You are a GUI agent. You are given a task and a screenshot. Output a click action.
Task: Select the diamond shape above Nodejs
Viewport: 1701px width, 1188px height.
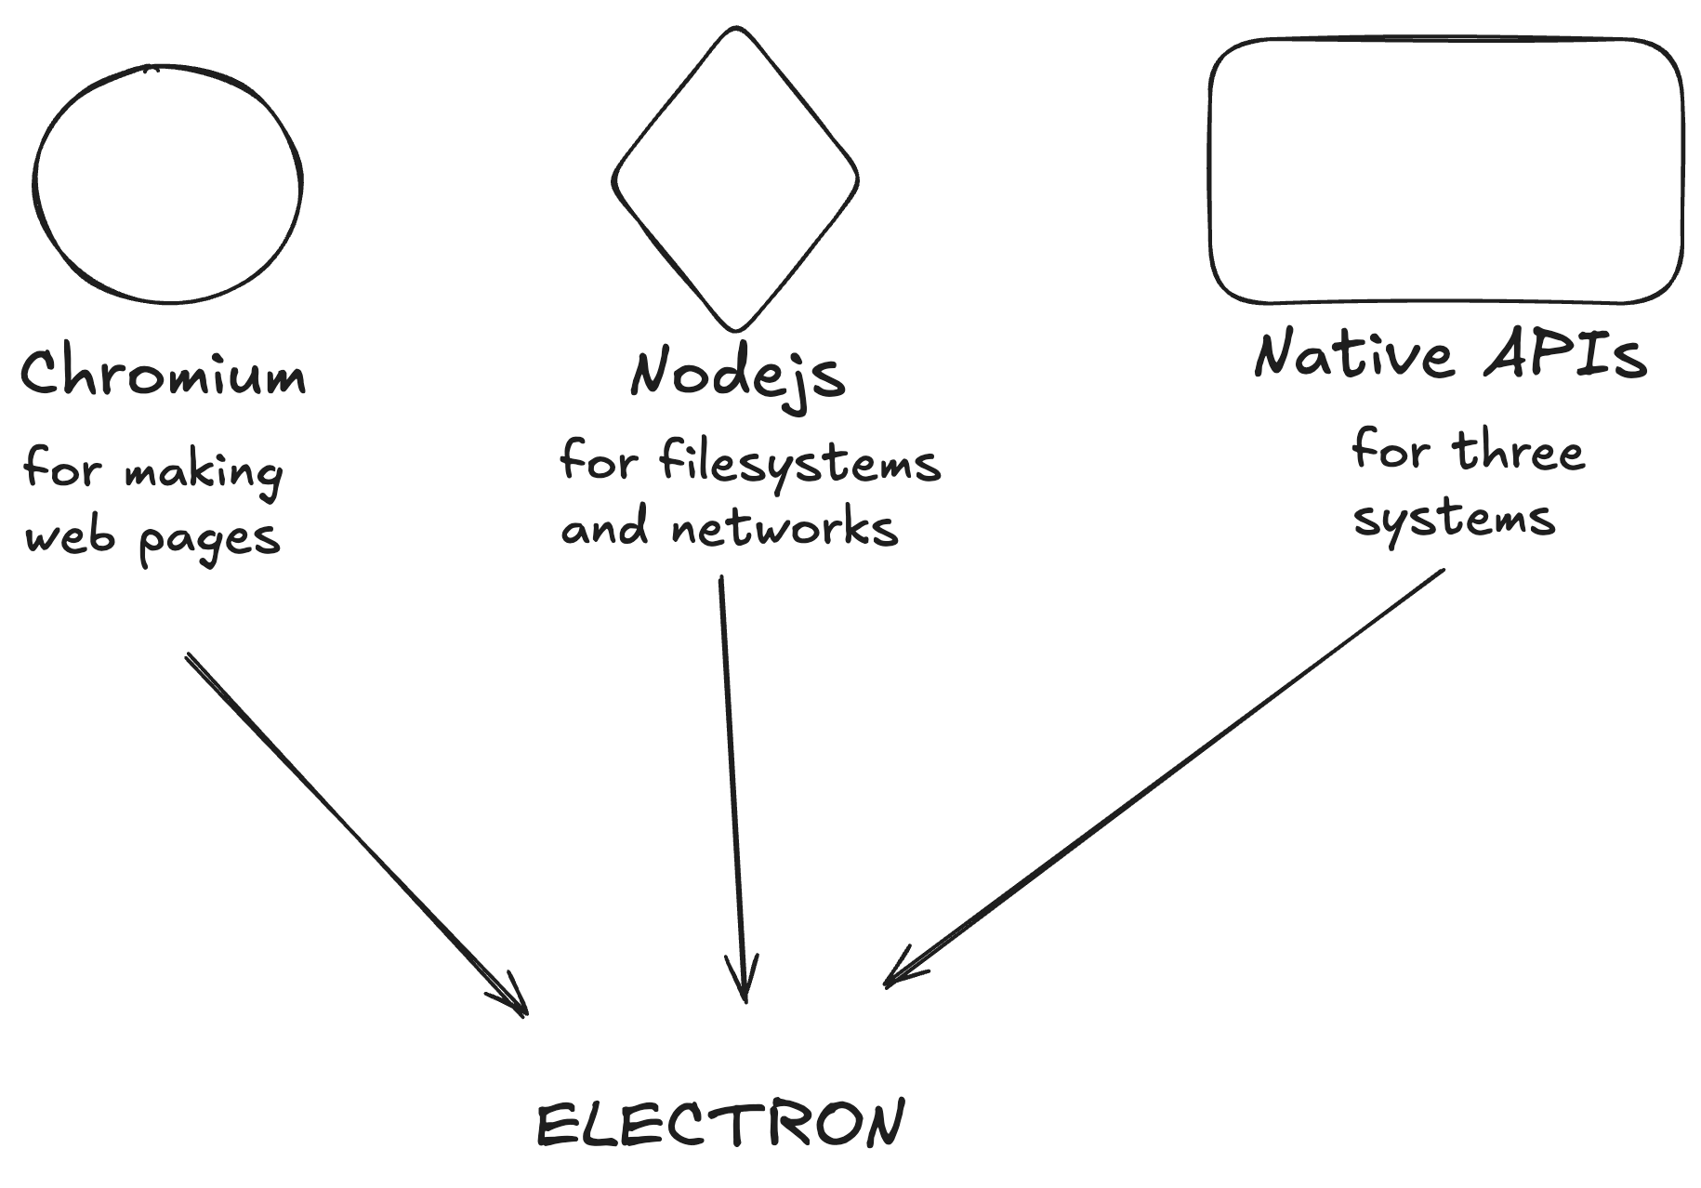pos(735,179)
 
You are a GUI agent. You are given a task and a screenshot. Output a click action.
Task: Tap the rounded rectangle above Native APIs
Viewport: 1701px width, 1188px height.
pos(1445,171)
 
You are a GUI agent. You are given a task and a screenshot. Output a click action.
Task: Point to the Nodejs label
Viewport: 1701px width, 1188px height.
pos(738,374)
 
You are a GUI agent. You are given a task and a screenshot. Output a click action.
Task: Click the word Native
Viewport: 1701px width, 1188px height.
pos(1353,354)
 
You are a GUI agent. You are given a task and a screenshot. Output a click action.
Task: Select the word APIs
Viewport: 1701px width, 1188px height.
pos(1565,354)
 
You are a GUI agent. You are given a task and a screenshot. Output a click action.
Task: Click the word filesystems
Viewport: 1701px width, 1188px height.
pos(799,462)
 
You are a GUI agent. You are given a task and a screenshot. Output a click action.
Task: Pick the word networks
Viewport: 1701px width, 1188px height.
pos(785,527)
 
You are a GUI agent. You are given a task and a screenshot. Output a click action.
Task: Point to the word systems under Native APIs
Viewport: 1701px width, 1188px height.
pos(1454,518)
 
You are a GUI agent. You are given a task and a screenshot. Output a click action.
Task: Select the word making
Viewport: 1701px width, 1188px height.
pos(204,471)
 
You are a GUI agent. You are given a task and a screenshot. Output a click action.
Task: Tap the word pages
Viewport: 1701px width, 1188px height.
pos(210,539)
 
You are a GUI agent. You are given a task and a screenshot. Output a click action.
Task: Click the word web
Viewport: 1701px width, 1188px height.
pos(71,536)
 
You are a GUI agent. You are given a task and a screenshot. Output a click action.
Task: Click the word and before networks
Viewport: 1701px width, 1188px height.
pos(604,527)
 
